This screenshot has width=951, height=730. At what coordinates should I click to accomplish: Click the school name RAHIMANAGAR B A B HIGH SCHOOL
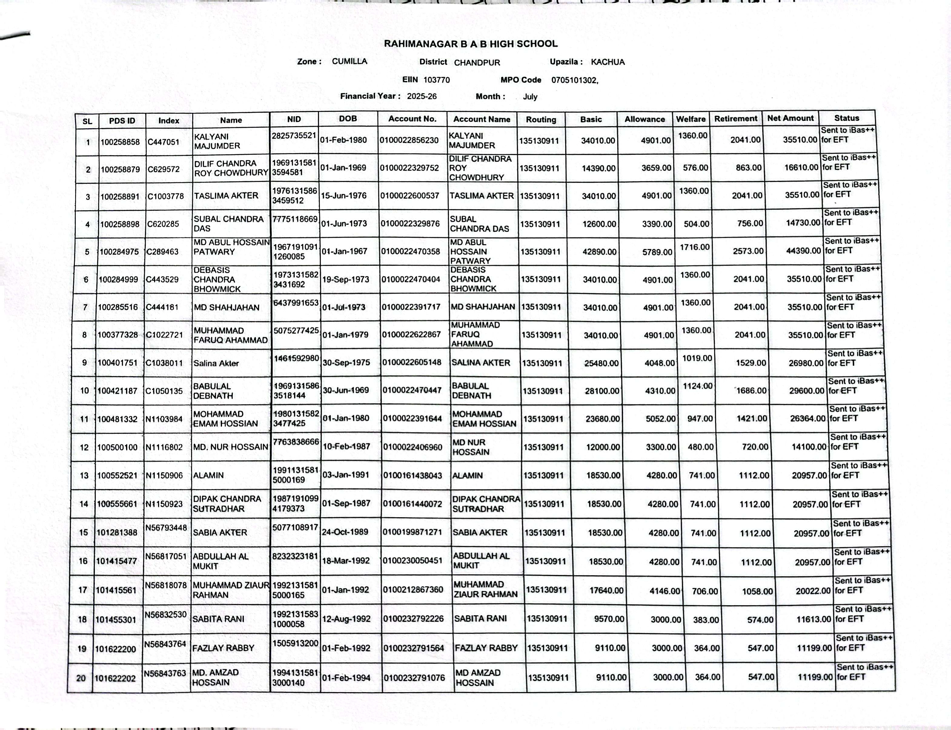(470, 44)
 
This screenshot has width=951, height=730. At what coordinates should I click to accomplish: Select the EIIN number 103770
(436, 80)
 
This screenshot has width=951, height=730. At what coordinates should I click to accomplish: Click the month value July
(530, 97)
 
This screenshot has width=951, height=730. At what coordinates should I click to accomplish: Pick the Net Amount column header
(790, 118)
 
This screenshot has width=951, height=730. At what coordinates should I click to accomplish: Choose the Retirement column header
(736, 119)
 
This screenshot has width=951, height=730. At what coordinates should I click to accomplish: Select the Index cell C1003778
(166, 196)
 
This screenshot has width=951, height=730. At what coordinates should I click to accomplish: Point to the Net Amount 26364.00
(807, 419)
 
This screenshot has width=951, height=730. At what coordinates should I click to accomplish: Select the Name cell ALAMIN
(209, 475)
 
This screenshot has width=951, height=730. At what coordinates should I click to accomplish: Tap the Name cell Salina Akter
(216, 363)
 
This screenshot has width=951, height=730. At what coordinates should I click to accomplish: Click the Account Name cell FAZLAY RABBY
(486, 648)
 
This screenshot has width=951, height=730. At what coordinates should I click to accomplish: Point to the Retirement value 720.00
(755, 447)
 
